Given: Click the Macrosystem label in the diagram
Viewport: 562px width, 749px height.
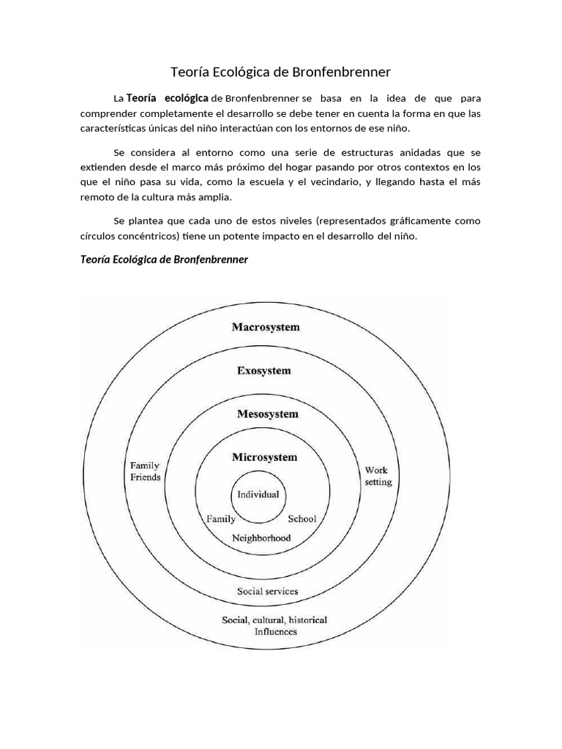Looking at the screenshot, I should click(x=266, y=327).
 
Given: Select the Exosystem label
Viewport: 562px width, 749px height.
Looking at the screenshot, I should click(x=263, y=371).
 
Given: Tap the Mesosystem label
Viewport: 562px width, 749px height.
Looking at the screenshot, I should click(x=267, y=414).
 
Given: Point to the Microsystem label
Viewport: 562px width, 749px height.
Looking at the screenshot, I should click(x=264, y=458).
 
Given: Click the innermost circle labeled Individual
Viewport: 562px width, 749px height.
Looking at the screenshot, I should click(x=258, y=494).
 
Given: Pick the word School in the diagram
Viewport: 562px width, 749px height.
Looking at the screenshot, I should click(x=301, y=519).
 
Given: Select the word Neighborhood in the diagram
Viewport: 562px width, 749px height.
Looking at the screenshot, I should click(x=261, y=538).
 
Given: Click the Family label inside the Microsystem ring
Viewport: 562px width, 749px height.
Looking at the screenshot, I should click(x=221, y=519).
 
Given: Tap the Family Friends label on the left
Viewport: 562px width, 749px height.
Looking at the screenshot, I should click(x=145, y=471).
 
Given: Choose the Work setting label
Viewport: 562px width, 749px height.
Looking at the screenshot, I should click(x=378, y=476).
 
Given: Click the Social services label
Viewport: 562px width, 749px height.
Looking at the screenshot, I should click(x=267, y=591).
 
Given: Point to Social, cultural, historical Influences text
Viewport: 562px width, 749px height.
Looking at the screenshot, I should click(x=274, y=625).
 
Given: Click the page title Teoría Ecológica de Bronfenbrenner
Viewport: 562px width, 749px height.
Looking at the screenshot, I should click(x=280, y=72).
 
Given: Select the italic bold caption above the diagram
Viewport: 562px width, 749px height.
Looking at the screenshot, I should click(x=164, y=260).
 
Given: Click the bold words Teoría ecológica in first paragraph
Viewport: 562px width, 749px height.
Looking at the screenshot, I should click(x=168, y=98).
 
